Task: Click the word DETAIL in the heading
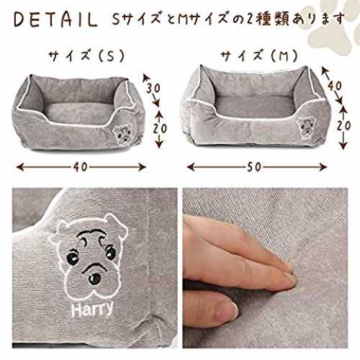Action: [x=55, y=19]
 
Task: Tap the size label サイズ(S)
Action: [x=86, y=56]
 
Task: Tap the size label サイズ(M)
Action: [x=259, y=56]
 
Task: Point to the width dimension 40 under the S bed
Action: [x=81, y=167]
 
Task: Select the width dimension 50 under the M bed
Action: [x=254, y=167]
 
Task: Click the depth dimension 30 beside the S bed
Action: [x=153, y=88]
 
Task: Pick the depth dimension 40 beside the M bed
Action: [x=334, y=86]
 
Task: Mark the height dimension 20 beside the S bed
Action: [x=161, y=129]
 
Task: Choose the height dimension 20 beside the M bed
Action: [x=343, y=125]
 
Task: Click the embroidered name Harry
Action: [x=92, y=308]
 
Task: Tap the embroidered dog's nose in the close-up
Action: [x=94, y=279]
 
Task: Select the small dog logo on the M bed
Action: [x=305, y=128]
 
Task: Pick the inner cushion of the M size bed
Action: [x=254, y=106]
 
